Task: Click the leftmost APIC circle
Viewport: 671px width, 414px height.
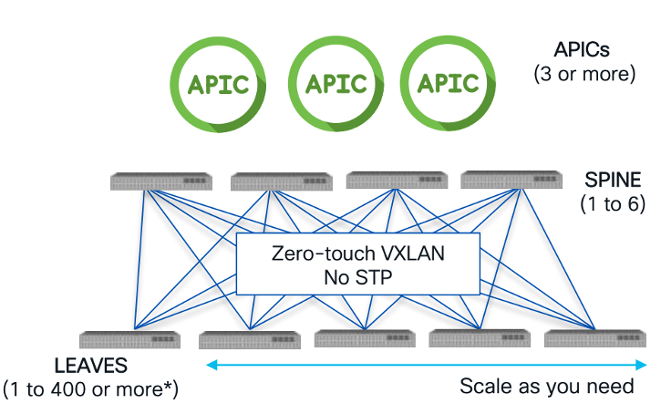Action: [219, 85]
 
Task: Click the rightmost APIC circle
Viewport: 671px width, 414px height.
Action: [448, 85]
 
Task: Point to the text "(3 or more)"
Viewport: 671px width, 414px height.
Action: [583, 73]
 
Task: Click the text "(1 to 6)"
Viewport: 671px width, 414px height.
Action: [613, 203]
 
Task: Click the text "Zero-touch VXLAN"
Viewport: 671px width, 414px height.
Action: [358, 254]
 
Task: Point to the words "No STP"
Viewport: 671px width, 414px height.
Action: [358, 277]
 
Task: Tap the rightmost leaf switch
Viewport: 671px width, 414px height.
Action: [595, 338]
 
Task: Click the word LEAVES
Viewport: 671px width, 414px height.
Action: [91, 366]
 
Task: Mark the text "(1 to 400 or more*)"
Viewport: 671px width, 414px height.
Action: [91, 389]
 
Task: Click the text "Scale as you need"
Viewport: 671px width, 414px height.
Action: [546, 386]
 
